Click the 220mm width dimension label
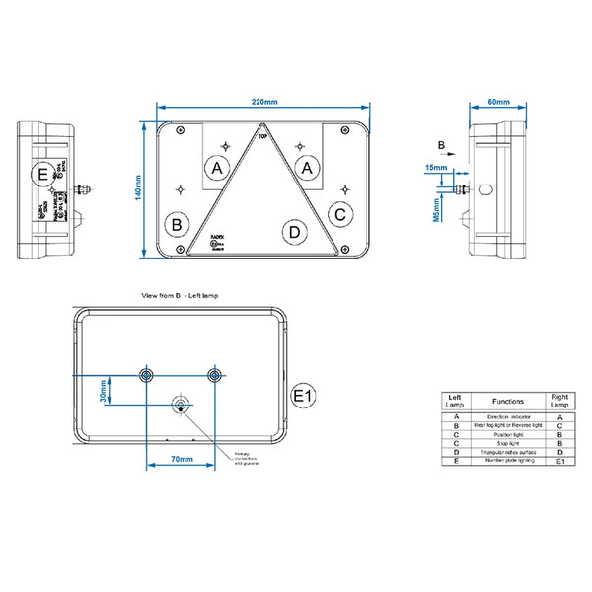[x=264, y=103]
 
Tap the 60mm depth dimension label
[x=498, y=103]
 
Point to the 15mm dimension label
[x=435, y=168]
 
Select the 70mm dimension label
[x=181, y=460]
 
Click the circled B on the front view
[x=177, y=224]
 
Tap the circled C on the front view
[x=339, y=213]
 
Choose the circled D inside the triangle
[x=293, y=233]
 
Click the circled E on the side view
[x=41, y=178]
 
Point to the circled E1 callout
[x=304, y=397]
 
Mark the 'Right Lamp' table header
[x=560, y=402]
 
